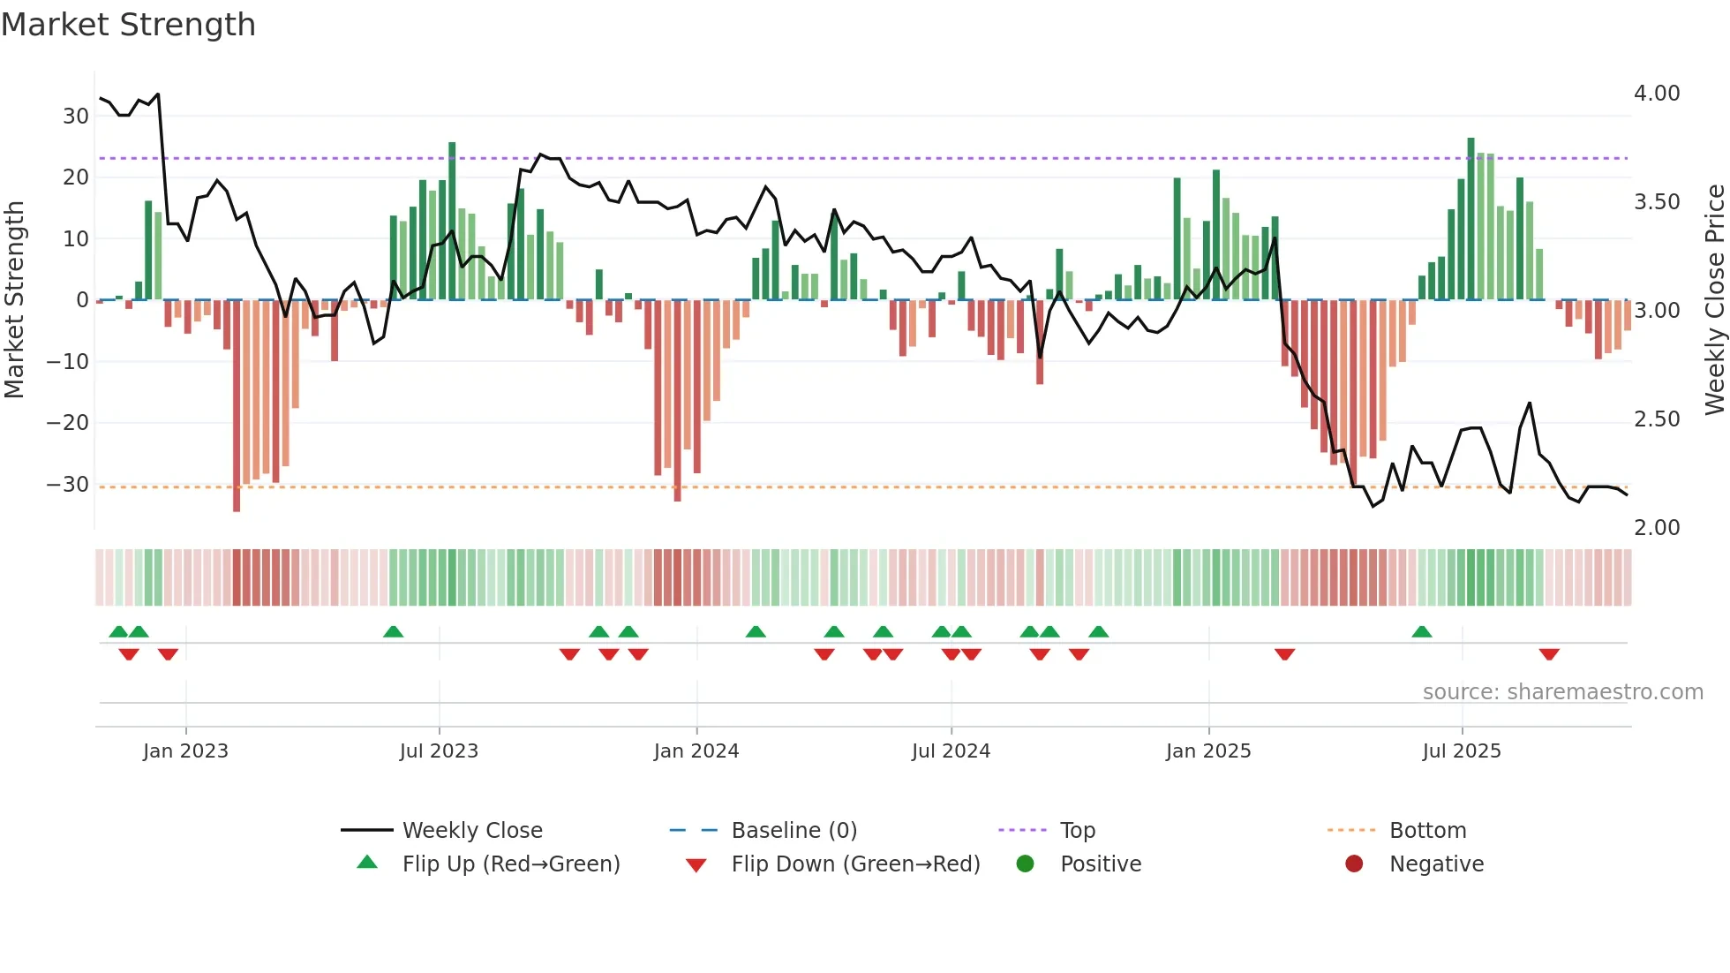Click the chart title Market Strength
click(128, 25)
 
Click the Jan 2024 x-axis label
click(696, 751)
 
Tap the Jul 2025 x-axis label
click(1462, 751)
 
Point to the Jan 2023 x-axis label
click(185, 751)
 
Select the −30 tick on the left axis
click(68, 485)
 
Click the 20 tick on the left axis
click(76, 177)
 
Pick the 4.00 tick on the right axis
click(1657, 94)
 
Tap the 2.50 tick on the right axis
click(1657, 419)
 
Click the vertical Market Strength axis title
click(15, 300)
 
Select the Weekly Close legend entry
click(472, 831)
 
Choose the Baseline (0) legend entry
click(794, 831)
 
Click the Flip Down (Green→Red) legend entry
click(855, 864)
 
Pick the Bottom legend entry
click(1427, 831)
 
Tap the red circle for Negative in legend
click(1354, 864)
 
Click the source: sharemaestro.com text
click(1562, 692)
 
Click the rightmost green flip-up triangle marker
click(1421, 632)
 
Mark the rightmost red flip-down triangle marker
click(1549, 654)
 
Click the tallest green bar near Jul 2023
click(452, 221)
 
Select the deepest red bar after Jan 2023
click(237, 406)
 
